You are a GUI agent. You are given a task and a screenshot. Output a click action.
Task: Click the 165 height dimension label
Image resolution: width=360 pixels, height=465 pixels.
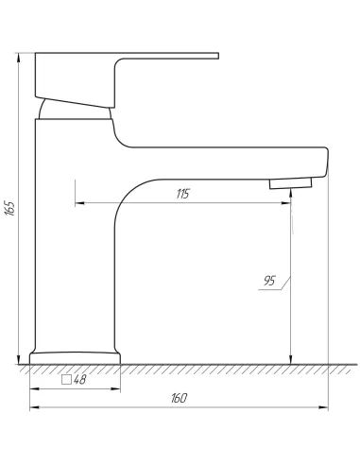pos(10,208)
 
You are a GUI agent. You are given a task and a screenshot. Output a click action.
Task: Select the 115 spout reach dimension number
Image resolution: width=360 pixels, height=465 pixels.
pos(182,194)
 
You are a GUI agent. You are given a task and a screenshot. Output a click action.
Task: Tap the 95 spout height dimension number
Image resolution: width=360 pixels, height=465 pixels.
pos(269,281)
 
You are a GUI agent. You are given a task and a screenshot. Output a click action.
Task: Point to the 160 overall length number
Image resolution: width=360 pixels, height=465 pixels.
pos(179,398)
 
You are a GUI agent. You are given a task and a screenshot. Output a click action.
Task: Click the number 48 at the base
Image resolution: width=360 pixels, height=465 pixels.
pos(79,380)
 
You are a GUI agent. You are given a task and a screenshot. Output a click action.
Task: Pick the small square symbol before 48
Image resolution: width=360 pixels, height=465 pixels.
pos(66,380)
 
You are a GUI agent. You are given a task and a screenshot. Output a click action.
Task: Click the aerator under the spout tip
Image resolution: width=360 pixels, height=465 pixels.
pos(290,183)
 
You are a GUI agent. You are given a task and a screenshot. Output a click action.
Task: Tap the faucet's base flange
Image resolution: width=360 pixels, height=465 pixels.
pos(75,358)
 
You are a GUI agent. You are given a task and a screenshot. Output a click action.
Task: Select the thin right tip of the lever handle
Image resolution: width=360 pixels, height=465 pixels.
pos(217,56)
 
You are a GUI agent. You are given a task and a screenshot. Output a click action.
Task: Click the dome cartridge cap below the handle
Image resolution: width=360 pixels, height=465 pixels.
pos(75,110)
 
